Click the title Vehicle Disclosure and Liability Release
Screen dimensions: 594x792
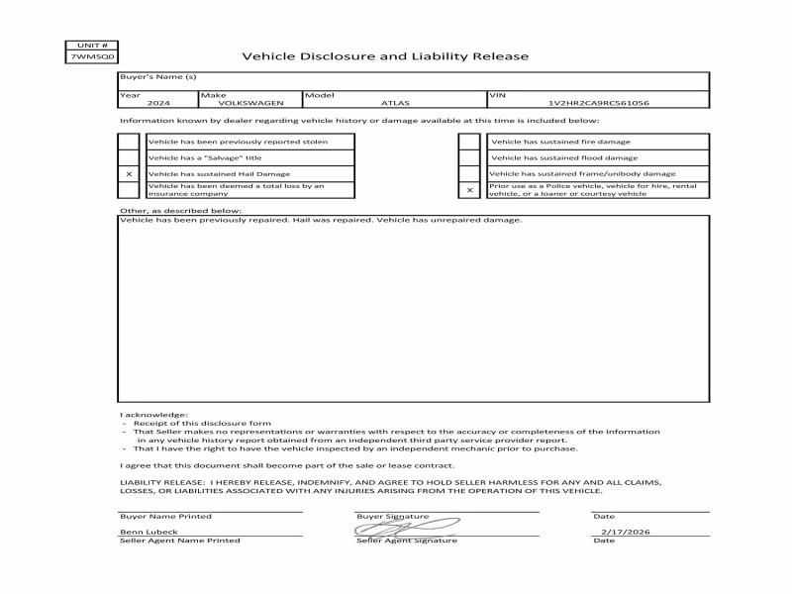(x=385, y=56)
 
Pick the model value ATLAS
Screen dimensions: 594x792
(x=394, y=103)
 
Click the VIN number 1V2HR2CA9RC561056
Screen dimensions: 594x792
(x=598, y=103)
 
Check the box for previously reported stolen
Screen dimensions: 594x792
(x=129, y=142)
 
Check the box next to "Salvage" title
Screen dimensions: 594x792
(x=129, y=157)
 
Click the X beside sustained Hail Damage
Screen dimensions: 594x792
(x=129, y=173)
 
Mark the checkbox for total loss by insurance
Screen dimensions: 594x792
(x=129, y=189)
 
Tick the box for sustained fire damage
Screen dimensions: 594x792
(x=469, y=142)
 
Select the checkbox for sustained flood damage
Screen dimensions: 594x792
(x=469, y=157)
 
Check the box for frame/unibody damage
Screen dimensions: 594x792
(x=469, y=173)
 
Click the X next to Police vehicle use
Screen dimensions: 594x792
(x=469, y=189)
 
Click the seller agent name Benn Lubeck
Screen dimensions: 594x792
(x=144, y=532)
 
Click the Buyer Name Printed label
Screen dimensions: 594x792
(x=165, y=517)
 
